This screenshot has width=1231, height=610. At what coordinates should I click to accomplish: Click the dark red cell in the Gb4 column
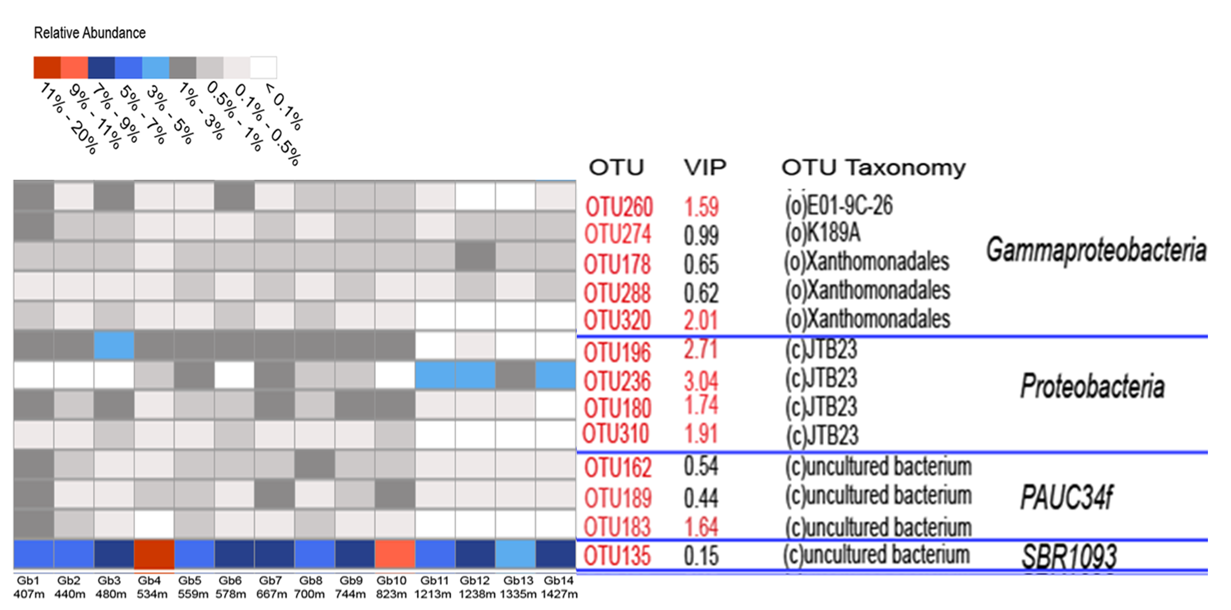(x=154, y=554)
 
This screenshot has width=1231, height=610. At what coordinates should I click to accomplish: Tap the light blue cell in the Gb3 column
(x=114, y=345)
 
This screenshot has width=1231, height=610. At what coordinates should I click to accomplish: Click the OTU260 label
(x=619, y=207)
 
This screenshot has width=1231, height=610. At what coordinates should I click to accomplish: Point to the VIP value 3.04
(x=701, y=381)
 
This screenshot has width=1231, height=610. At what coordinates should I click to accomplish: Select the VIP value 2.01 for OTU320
(x=701, y=320)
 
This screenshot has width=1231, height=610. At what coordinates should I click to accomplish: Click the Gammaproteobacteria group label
(x=1096, y=250)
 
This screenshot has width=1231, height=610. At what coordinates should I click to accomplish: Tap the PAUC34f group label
(x=1066, y=497)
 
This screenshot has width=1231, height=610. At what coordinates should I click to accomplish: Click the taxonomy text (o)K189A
(x=823, y=233)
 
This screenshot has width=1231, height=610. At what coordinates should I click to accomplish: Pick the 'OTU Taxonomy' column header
(x=873, y=168)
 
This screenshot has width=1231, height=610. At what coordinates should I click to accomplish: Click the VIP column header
(x=705, y=168)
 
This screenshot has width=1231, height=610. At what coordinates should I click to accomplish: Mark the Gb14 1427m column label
(x=559, y=587)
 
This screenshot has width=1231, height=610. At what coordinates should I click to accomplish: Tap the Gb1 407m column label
(x=29, y=587)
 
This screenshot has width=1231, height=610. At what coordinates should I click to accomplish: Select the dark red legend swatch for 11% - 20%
(x=47, y=68)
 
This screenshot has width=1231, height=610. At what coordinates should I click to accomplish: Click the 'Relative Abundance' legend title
(x=90, y=33)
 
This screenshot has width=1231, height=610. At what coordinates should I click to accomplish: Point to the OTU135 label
(x=617, y=556)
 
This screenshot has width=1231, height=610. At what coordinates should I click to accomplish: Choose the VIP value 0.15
(x=701, y=556)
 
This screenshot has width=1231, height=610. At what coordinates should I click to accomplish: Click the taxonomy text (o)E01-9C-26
(x=838, y=205)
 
